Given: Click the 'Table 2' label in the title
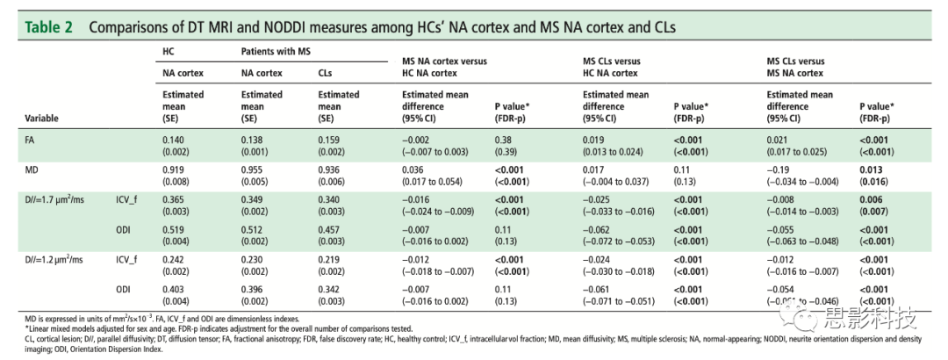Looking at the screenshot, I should click(49, 27).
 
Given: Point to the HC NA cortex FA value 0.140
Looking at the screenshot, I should click(176, 140).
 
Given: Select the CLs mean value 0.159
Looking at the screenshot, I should click(331, 140).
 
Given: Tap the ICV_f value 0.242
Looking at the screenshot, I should click(176, 260).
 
